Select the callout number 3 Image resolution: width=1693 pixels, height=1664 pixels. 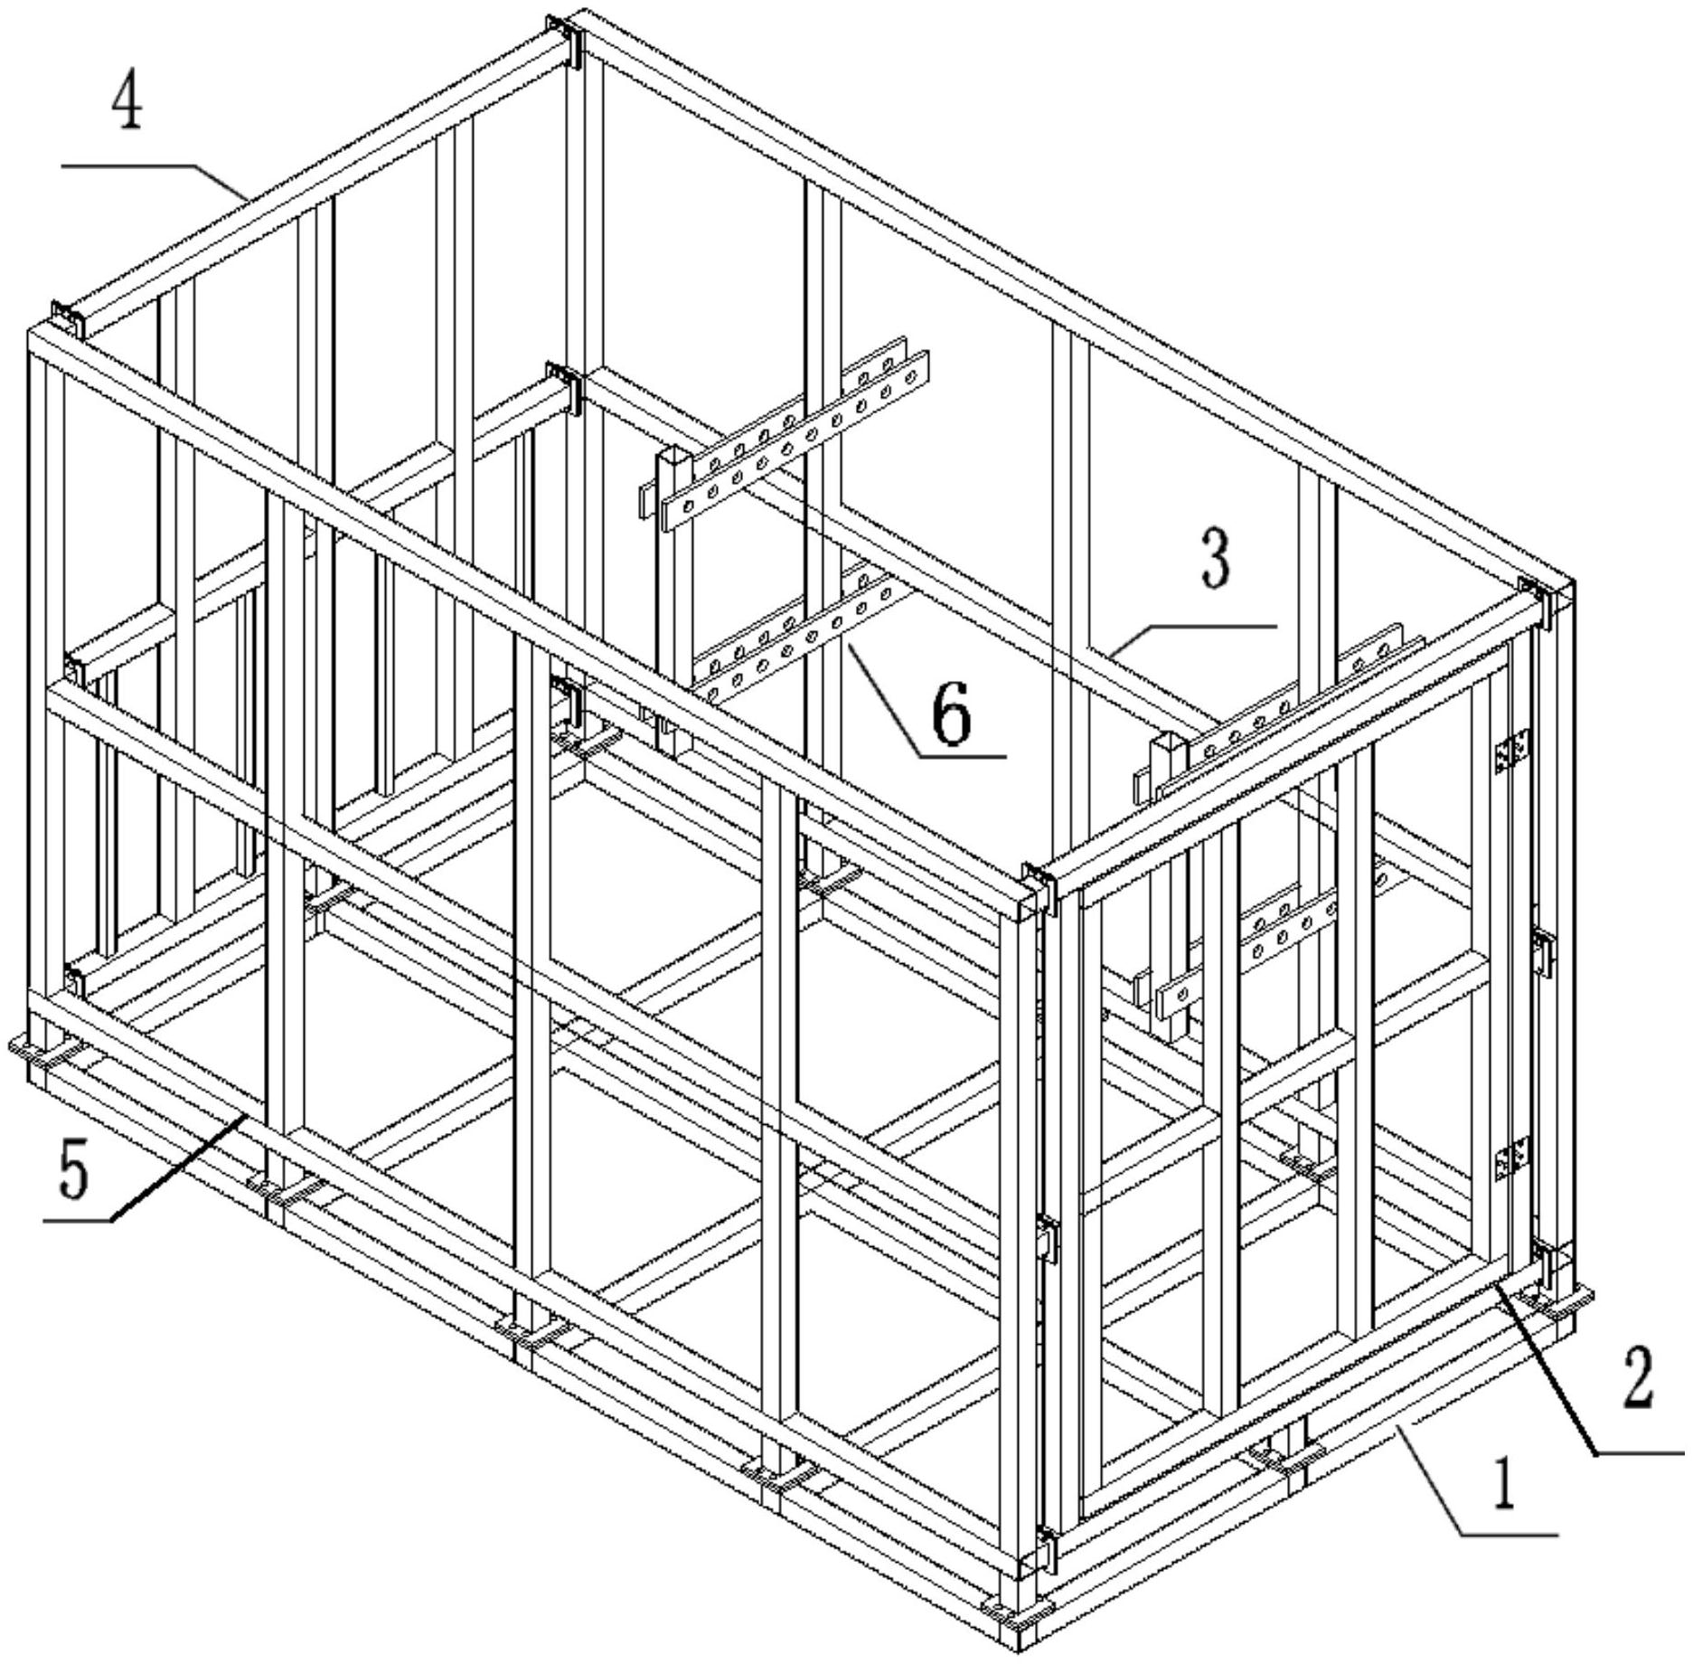[x=1215, y=558]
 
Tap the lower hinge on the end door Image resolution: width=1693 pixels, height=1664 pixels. [x=1512, y=1158]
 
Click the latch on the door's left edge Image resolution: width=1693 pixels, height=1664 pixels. [x=1046, y=1238]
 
